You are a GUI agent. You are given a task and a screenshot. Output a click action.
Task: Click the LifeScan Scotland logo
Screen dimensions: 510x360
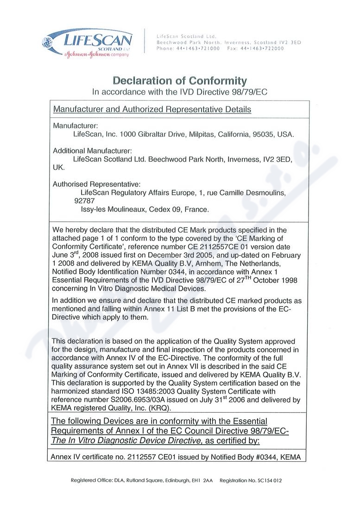[x=88, y=42]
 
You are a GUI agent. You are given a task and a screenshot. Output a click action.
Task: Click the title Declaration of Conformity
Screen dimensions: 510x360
[x=180, y=80]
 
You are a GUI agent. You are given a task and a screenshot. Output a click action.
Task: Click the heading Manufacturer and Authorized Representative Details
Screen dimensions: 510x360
[x=152, y=109]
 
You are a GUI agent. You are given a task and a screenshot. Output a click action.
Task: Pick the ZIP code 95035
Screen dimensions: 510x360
[x=263, y=134]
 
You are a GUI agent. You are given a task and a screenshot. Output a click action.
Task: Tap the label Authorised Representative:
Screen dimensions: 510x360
[x=97, y=184]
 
